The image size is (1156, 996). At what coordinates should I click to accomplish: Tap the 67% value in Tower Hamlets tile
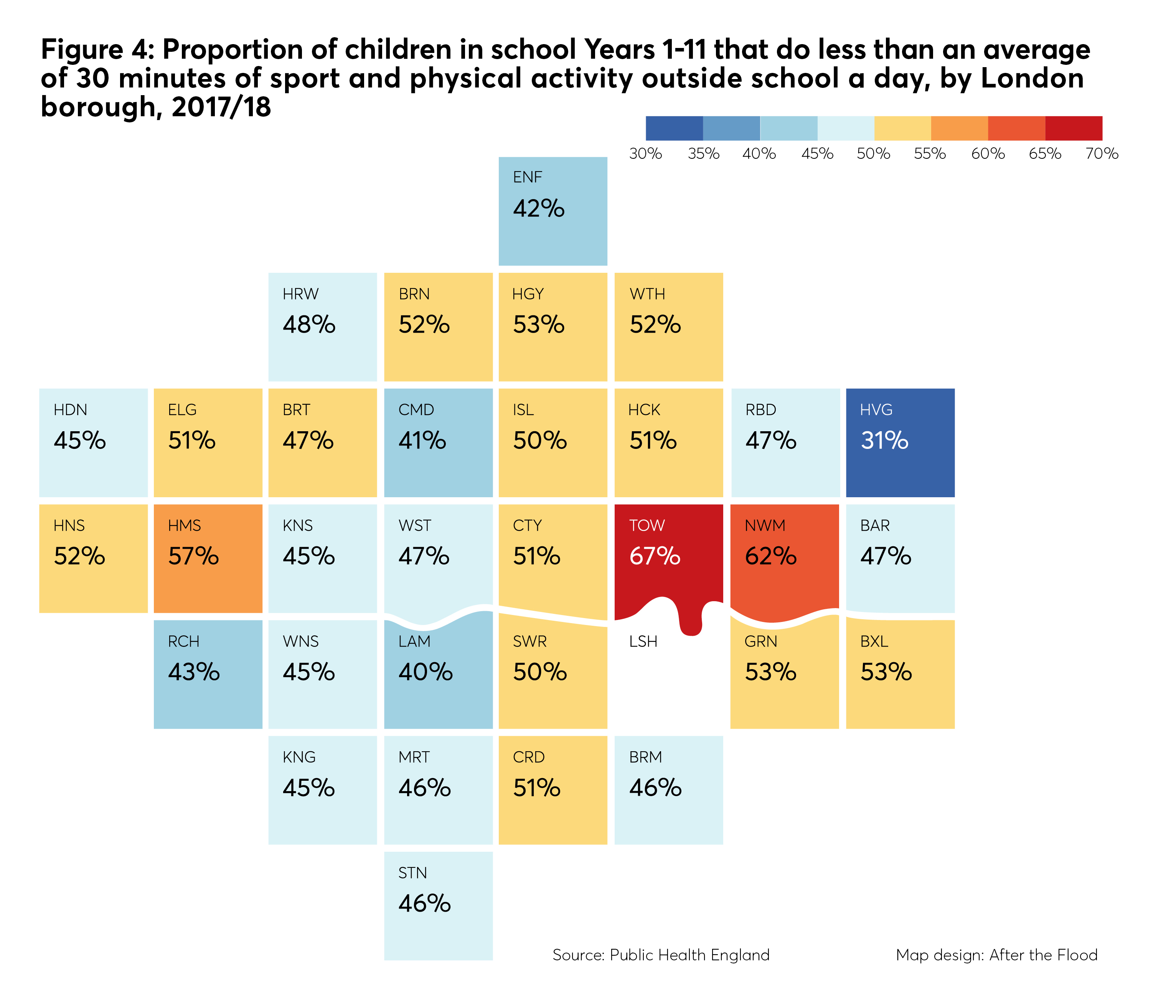655,556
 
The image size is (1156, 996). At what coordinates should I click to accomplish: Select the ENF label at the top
527,177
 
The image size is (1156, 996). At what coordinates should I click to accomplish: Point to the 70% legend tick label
1101,153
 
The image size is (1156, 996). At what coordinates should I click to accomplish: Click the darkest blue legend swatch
674,128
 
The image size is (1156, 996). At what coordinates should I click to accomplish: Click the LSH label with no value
643,641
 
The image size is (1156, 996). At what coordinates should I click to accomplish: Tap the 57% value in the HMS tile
194,556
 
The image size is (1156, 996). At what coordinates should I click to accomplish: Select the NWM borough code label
765,526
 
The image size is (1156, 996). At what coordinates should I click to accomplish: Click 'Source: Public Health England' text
661,955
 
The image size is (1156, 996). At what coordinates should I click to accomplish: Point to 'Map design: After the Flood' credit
996,955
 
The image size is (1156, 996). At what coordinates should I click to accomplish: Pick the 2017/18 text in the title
221,107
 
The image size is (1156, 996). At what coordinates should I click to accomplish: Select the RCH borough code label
183,641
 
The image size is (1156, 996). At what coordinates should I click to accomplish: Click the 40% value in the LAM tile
425,672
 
